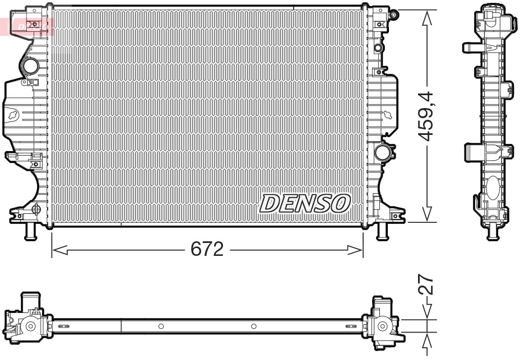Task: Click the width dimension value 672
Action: click(207, 249)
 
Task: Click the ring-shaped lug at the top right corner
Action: click(394, 13)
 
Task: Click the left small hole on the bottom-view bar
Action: click(161, 326)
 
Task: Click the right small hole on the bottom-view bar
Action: click(253, 326)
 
